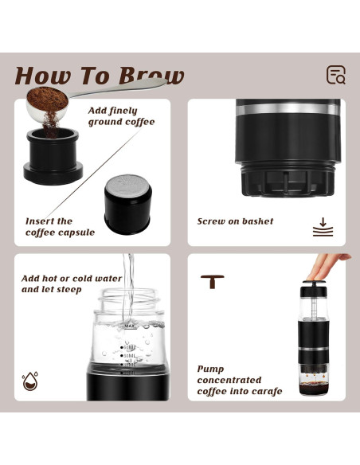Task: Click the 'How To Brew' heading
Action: pyautogui.click(x=100, y=76)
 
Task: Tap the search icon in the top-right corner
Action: pyautogui.click(x=336, y=75)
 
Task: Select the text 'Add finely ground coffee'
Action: pyautogui.click(x=120, y=116)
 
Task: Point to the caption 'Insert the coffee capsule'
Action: pyautogui.click(x=60, y=227)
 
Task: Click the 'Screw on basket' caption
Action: pyautogui.click(x=235, y=221)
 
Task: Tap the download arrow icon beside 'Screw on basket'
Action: pyautogui.click(x=323, y=226)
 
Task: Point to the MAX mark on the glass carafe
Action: pyautogui.click(x=129, y=326)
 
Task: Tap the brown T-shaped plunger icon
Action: pyautogui.click(x=212, y=281)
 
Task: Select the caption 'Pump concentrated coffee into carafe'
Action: pyautogui.click(x=239, y=380)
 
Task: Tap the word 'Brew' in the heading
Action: pyautogui.click(x=151, y=76)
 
